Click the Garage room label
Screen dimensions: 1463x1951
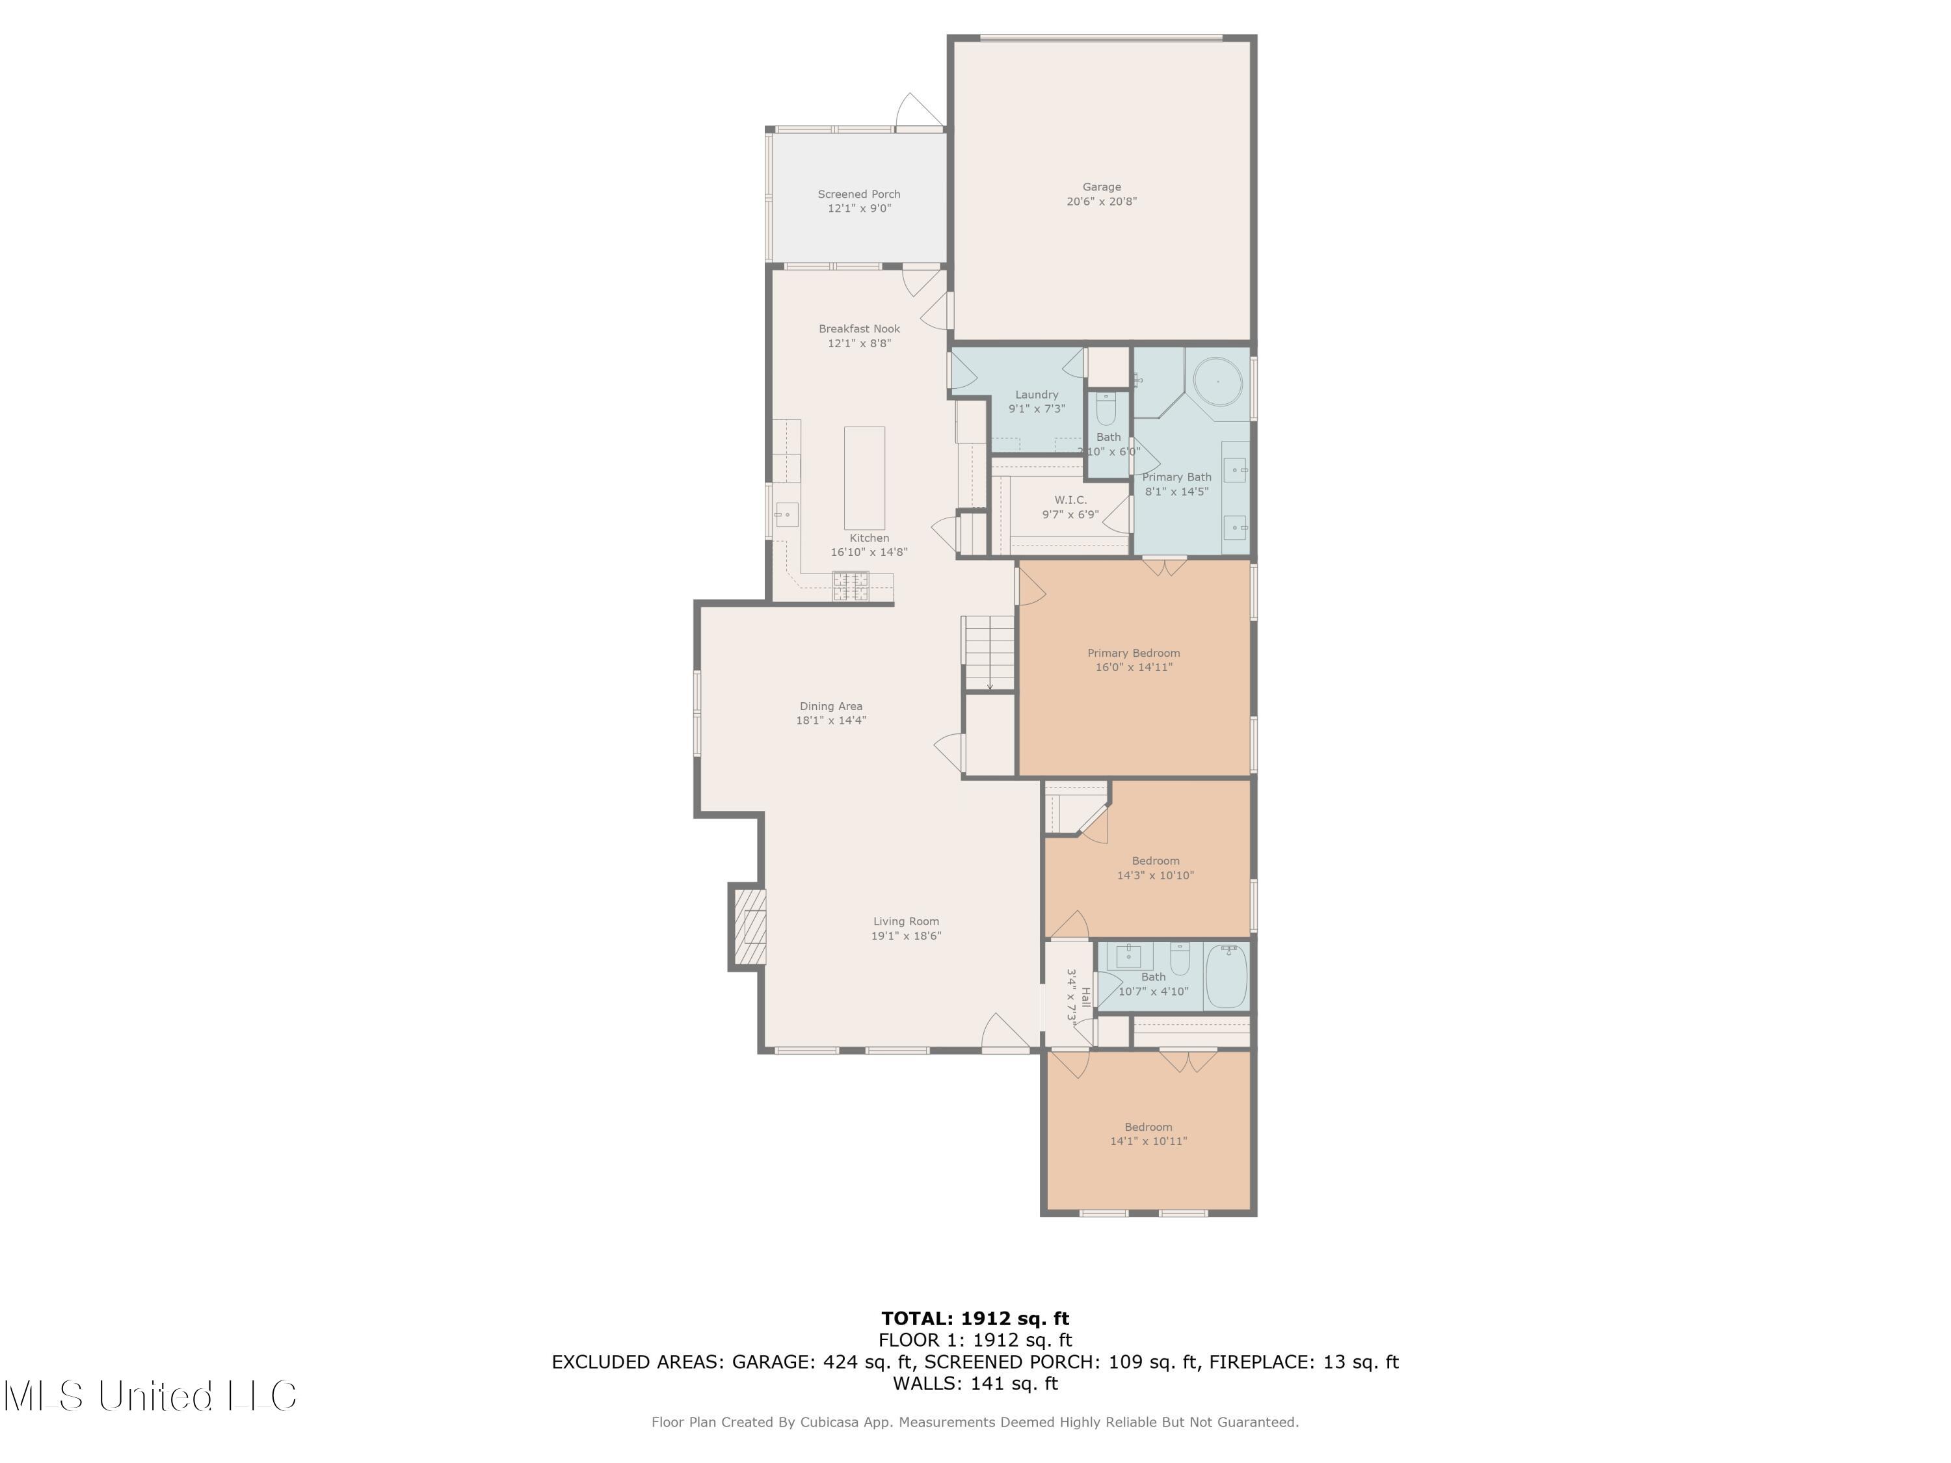(1101, 187)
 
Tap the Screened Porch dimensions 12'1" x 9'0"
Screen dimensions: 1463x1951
(858, 209)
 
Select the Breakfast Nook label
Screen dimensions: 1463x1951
(858, 329)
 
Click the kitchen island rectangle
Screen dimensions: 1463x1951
(864, 478)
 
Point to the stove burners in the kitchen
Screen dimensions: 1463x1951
(850, 587)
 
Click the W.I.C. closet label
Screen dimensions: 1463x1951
(1070, 500)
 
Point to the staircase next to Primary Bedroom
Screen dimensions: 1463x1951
(989, 653)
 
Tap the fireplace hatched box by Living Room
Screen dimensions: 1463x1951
(749, 927)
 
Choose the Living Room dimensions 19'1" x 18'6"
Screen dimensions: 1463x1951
(906, 936)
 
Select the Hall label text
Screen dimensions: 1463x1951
(1085, 997)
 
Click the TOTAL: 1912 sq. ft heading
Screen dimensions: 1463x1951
(975, 1319)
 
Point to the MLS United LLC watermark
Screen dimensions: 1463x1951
(150, 1396)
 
